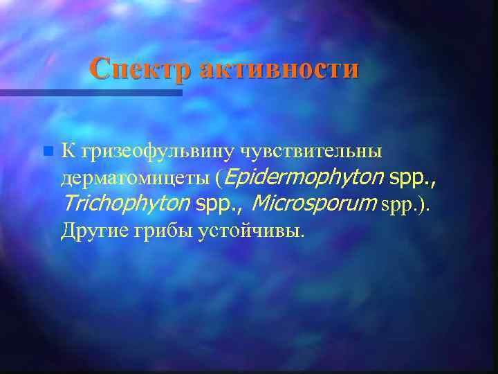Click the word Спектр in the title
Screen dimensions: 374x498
point(141,69)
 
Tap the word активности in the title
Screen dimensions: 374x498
point(279,69)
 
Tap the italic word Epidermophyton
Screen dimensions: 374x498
point(304,178)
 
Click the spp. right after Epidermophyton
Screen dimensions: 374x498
point(413,178)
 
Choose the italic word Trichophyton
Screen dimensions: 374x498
point(125,204)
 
